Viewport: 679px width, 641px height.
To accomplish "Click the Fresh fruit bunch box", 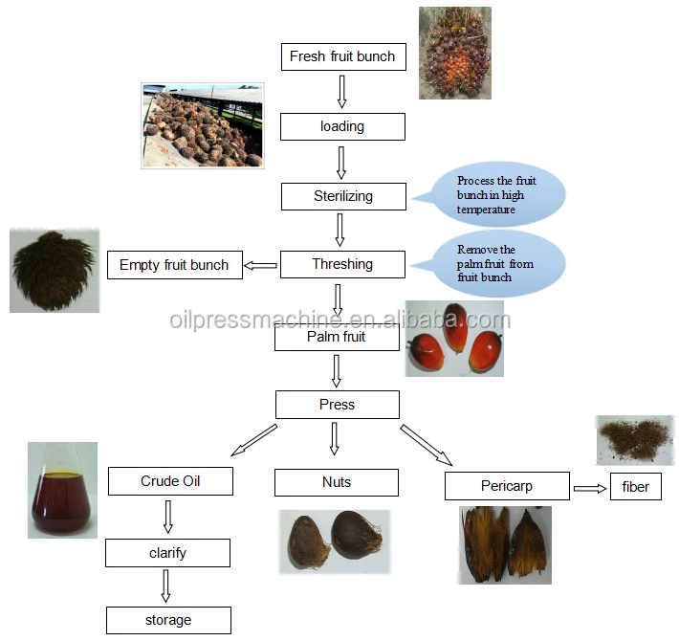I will click(x=342, y=56).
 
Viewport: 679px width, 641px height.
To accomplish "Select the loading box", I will click(x=342, y=126).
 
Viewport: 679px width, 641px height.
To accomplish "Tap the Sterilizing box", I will click(x=342, y=196).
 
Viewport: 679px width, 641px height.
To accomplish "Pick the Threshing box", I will click(x=342, y=264).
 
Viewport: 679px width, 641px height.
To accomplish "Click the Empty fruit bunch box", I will click(x=174, y=265).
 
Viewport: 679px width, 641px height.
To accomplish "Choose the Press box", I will click(x=337, y=405).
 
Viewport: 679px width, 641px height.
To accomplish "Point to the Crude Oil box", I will click(x=170, y=481).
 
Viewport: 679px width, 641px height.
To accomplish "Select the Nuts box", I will click(x=337, y=482).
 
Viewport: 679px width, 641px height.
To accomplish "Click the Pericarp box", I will click(x=507, y=486).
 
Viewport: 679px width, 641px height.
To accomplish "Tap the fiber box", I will click(x=635, y=487).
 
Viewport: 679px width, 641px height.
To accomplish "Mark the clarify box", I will click(x=167, y=553).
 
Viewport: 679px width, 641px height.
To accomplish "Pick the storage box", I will click(x=167, y=620).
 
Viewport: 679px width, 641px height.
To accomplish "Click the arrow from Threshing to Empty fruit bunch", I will click(x=260, y=265).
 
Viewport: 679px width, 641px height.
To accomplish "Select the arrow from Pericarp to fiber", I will click(x=591, y=488).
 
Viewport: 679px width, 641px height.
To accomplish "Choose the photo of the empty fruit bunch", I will click(x=55, y=271).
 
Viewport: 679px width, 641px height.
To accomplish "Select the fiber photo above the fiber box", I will click(x=634, y=439).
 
